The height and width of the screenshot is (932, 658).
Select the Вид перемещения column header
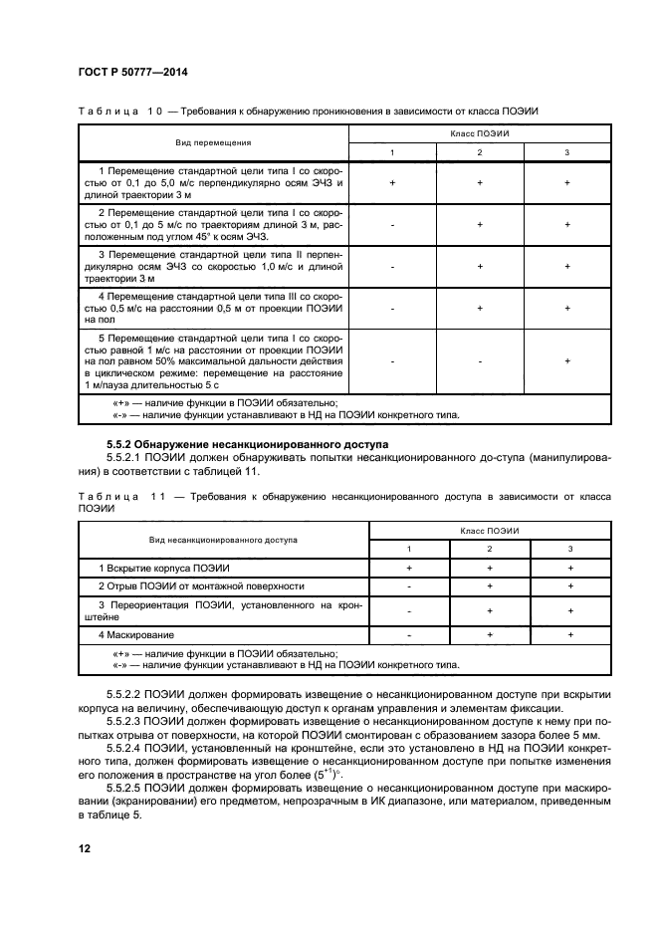click(213, 142)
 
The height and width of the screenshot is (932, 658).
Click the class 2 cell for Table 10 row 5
click(480, 361)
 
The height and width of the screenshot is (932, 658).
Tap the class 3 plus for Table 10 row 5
click(566, 361)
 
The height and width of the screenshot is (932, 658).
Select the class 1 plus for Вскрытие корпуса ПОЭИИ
click(409, 567)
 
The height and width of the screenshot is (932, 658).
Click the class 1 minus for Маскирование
click(409, 634)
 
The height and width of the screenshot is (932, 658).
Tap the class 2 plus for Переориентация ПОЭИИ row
click(490, 610)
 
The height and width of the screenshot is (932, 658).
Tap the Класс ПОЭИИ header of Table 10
click(479, 132)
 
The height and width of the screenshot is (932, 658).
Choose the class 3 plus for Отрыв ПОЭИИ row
click(569, 586)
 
